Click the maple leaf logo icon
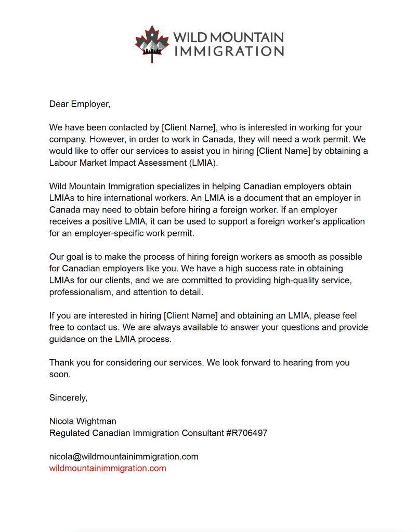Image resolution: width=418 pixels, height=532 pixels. pyautogui.click(x=152, y=44)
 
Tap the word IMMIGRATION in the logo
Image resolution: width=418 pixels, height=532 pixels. pyautogui.click(x=229, y=51)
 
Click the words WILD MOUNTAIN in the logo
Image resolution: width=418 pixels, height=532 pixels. pyautogui.click(x=229, y=37)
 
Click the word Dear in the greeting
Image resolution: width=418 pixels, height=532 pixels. pyautogui.click(x=59, y=104)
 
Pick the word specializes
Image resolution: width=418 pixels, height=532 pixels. pyautogui.click(x=179, y=187)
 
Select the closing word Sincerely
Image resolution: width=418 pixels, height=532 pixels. pyautogui.click(x=68, y=398)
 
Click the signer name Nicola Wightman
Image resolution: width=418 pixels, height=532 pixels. pyautogui.click(x=83, y=421)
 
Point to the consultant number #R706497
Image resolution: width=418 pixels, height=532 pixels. pyautogui.click(x=247, y=433)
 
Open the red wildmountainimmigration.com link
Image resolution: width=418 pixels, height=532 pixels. pyautogui.click(x=108, y=468)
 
